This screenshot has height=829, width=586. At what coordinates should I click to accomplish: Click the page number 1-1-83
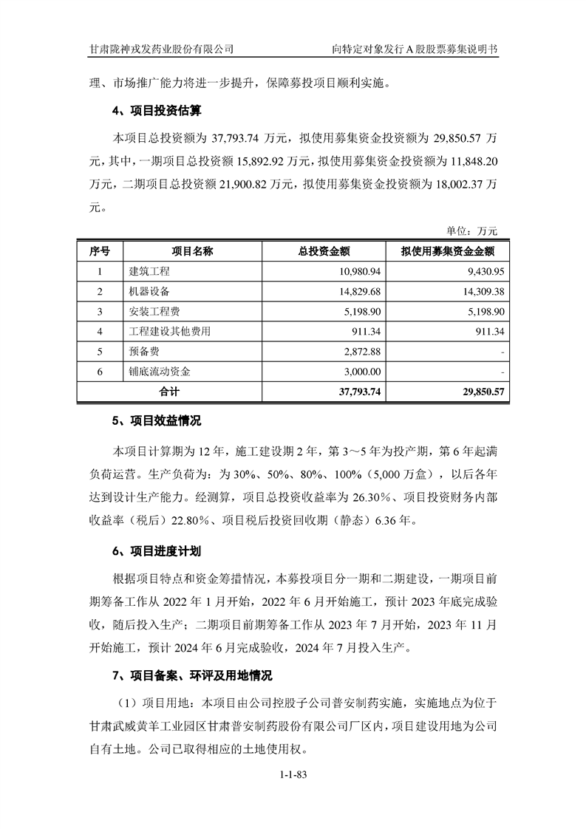(293, 775)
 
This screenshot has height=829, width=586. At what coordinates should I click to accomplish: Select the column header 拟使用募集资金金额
(448, 251)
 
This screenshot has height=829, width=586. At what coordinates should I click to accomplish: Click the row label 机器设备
(149, 292)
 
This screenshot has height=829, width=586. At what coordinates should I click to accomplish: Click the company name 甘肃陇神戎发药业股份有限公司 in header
(162, 50)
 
